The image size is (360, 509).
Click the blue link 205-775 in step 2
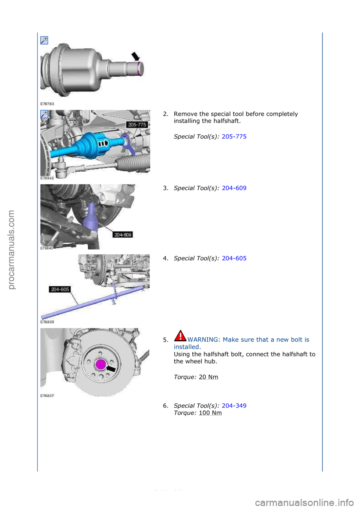point(234,136)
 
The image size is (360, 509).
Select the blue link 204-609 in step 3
point(234,188)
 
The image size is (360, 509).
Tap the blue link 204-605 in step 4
point(234,258)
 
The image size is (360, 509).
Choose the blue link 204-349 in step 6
point(234,406)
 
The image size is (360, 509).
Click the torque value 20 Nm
point(208,377)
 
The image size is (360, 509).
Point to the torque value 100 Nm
point(210,413)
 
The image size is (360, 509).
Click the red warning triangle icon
point(180,335)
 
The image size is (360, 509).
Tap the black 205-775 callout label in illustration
point(137,124)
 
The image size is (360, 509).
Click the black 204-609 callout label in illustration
point(123,235)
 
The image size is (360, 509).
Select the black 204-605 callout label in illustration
point(60,289)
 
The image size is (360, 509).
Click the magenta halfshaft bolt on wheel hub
point(101,364)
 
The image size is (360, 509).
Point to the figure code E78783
point(47,104)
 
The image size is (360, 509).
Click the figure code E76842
point(47,178)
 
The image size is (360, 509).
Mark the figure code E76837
point(47,396)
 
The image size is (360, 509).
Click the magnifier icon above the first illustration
point(44,40)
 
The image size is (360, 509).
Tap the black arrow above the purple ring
point(135,56)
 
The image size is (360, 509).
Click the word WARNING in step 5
point(203,340)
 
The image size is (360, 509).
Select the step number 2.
point(165,114)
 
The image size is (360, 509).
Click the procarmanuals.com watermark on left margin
point(11,250)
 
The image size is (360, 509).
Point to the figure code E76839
point(47,322)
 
